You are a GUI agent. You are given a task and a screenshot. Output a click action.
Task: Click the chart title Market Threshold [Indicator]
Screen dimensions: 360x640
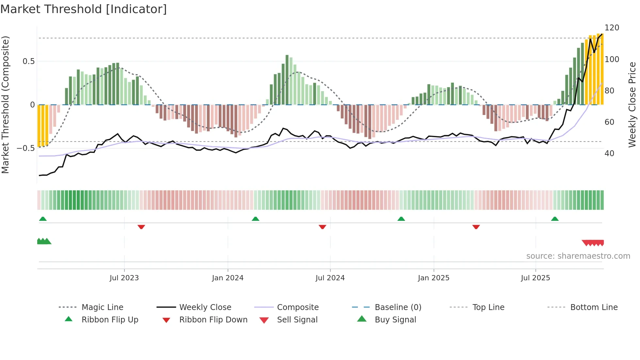(84, 9)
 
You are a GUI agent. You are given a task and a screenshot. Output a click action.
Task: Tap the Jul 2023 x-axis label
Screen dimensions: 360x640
(124, 278)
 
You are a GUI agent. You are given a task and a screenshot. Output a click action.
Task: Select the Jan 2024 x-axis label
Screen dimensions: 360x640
(228, 278)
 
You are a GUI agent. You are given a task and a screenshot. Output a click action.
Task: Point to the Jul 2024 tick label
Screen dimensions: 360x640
(330, 278)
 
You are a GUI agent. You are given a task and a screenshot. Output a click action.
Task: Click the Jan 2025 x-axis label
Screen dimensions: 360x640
(433, 278)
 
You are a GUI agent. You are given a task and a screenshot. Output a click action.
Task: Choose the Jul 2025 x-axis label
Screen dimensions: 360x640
(535, 278)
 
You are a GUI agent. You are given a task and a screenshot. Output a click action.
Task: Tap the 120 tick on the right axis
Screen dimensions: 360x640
(612, 28)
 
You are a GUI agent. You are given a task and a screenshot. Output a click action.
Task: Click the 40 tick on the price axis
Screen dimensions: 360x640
(609, 154)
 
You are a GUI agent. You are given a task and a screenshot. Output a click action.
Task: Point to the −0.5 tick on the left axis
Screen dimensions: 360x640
(26, 148)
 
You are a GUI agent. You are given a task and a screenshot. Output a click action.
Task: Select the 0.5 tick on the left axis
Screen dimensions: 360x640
(28, 61)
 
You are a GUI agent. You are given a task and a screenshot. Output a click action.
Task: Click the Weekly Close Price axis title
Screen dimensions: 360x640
(632, 105)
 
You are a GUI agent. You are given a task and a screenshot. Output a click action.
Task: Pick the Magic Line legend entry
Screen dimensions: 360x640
(102, 307)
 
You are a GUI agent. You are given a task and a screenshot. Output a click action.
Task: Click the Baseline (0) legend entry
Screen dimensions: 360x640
(398, 307)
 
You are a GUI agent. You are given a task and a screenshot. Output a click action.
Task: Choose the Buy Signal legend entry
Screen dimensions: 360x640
(395, 320)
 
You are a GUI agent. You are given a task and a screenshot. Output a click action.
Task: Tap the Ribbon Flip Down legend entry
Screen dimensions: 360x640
(213, 320)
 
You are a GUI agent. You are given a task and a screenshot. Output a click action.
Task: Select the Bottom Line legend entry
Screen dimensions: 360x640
(594, 307)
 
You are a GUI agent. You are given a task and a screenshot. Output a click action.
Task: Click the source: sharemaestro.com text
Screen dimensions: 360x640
(578, 256)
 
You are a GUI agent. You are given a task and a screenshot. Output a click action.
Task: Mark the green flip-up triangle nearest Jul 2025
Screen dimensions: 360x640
(554, 219)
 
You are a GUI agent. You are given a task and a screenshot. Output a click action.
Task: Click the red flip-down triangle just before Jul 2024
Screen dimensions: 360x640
(322, 227)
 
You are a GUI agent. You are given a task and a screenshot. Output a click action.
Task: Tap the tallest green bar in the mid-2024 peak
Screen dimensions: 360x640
(287, 80)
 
